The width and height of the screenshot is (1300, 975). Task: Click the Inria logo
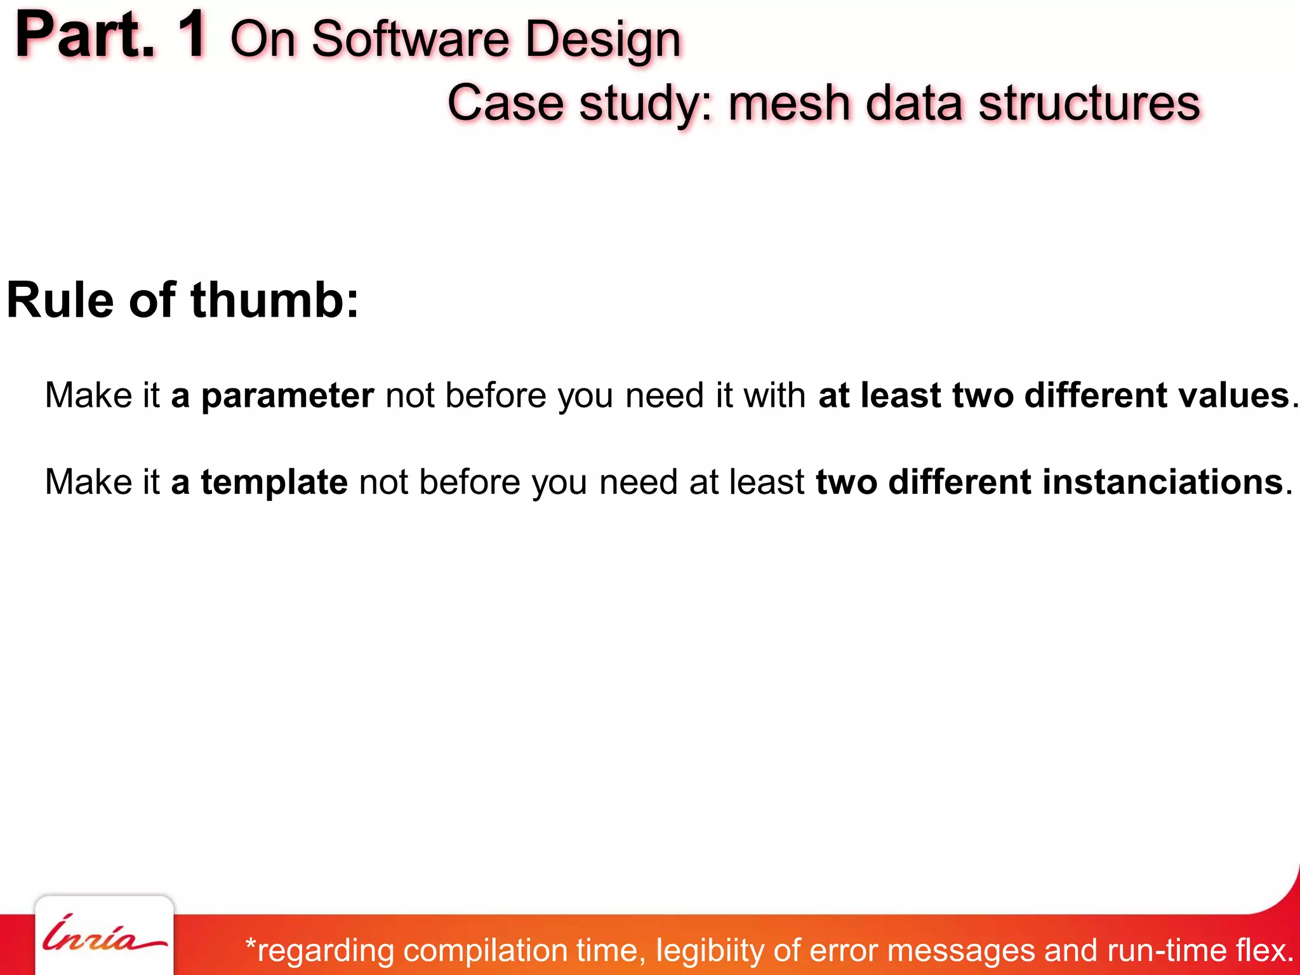103,938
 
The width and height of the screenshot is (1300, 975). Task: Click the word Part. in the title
85,37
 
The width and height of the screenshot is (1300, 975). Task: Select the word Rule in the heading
60,300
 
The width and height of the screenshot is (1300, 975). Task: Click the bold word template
274,482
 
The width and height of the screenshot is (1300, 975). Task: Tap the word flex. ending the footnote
1264,951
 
